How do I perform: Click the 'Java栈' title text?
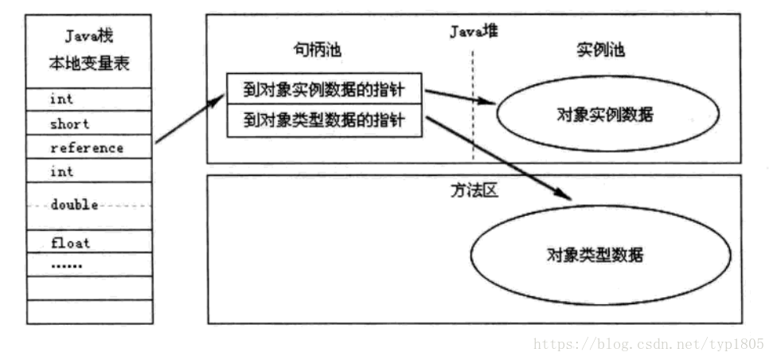(89, 36)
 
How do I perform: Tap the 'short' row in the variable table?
(70, 124)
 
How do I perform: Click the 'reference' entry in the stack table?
(87, 148)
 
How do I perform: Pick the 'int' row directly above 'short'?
(61, 100)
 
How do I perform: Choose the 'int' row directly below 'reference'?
(61, 171)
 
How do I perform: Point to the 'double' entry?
(74, 205)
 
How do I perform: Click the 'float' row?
(70, 242)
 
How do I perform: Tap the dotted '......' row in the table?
(66, 264)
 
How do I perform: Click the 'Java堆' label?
(474, 32)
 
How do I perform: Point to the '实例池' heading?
(600, 51)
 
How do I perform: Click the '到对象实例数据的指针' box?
(322, 89)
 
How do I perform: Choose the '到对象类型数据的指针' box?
(322, 121)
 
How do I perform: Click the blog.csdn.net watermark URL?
(648, 345)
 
